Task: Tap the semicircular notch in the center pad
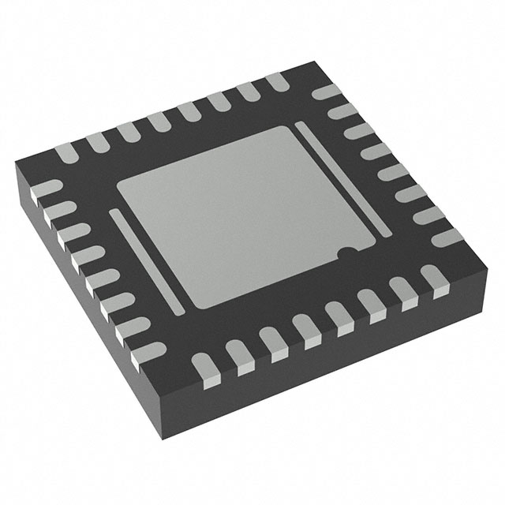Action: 345,253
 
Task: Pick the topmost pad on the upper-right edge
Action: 326,92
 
